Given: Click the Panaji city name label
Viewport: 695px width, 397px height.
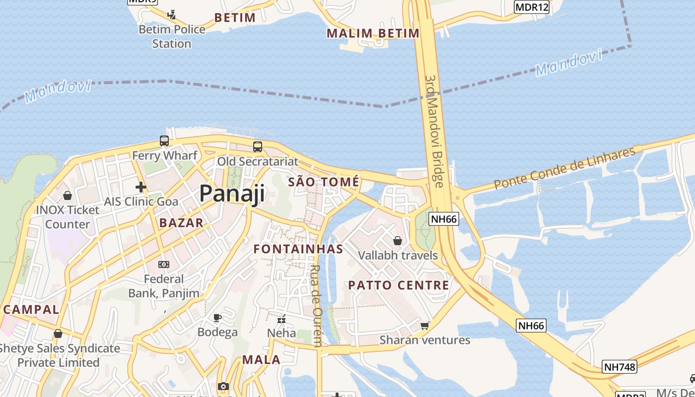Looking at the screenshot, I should coord(232,194).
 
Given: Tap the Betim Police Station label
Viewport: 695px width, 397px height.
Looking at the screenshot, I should coord(172,36).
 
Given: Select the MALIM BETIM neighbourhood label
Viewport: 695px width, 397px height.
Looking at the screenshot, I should coord(373,33).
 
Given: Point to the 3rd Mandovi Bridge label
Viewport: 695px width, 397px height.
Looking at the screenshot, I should coord(434,132).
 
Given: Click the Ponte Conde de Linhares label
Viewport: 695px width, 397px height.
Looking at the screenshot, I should coord(564,168).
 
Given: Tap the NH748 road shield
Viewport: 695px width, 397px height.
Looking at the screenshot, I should coord(620,367).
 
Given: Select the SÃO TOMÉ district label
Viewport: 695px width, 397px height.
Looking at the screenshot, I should coord(324,182).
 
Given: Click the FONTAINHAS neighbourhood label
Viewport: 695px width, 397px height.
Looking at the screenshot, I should coord(298,249).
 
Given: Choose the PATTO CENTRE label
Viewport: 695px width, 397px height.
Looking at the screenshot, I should coord(399,285).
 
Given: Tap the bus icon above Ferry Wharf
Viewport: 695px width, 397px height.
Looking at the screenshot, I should coord(164,141).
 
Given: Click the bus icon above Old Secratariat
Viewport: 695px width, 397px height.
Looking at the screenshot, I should coord(257,146).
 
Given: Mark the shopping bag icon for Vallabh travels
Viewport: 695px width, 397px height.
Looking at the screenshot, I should coord(398,241).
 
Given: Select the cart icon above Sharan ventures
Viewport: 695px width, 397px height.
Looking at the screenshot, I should coord(424,326).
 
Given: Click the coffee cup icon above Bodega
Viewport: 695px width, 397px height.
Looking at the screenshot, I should coord(217,318).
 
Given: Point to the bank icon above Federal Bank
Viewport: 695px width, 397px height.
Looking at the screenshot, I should coord(163,265).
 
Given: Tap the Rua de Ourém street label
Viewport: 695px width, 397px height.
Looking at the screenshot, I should coord(316,305).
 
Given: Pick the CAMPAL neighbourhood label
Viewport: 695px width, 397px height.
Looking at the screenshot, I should coord(31,309).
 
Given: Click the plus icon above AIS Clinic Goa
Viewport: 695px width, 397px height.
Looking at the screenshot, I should coord(141,187).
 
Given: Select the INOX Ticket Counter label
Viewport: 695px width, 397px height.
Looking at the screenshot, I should coord(68,217).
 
